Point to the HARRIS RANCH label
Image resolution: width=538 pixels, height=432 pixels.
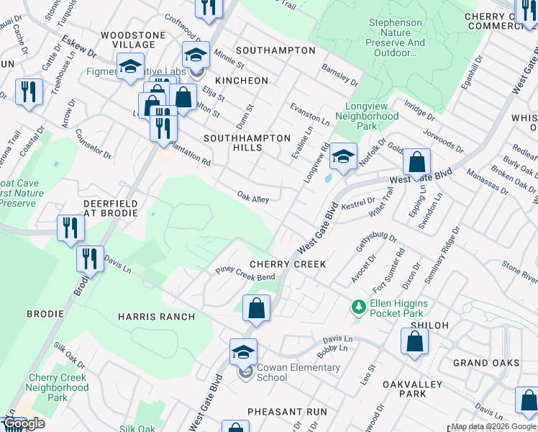(x=156, y=317)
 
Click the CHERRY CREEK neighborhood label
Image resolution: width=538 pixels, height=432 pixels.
(x=288, y=264)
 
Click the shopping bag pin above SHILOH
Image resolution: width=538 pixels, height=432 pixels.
(x=415, y=341)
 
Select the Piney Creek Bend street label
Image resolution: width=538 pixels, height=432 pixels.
(x=246, y=274)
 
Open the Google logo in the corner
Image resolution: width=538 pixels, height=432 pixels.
(x=24, y=423)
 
